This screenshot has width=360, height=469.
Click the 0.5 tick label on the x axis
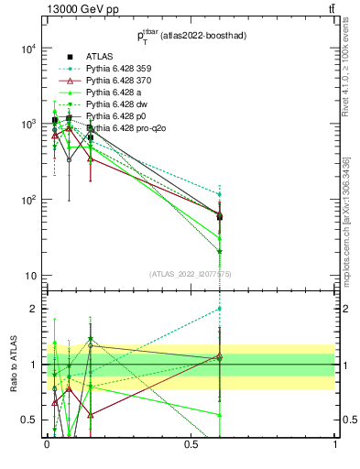pyautogui.click(x=191, y=444)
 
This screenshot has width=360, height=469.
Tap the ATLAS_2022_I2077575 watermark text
pyautogui.click(x=191, y=274)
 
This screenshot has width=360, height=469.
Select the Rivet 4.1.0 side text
pyautogui.click(x=345, y=82)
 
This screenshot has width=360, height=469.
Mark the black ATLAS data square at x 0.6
pyautogui.click(x=219, y=217)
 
